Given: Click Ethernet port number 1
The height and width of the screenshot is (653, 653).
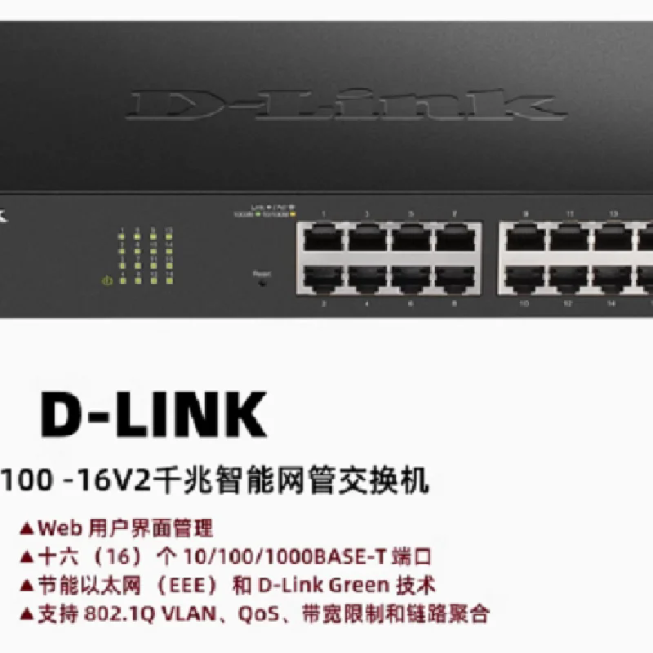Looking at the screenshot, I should [323, 238].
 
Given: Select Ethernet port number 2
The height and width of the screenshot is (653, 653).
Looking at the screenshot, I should [323, 278].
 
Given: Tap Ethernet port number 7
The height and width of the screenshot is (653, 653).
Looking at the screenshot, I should [455, 238].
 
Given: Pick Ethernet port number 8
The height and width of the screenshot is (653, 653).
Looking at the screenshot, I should [455, 278].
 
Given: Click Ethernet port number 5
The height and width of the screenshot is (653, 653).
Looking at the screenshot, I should [411, 238].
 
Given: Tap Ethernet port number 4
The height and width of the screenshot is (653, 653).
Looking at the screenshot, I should [367, 278].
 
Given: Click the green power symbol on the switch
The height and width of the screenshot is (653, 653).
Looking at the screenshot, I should [105, 282].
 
